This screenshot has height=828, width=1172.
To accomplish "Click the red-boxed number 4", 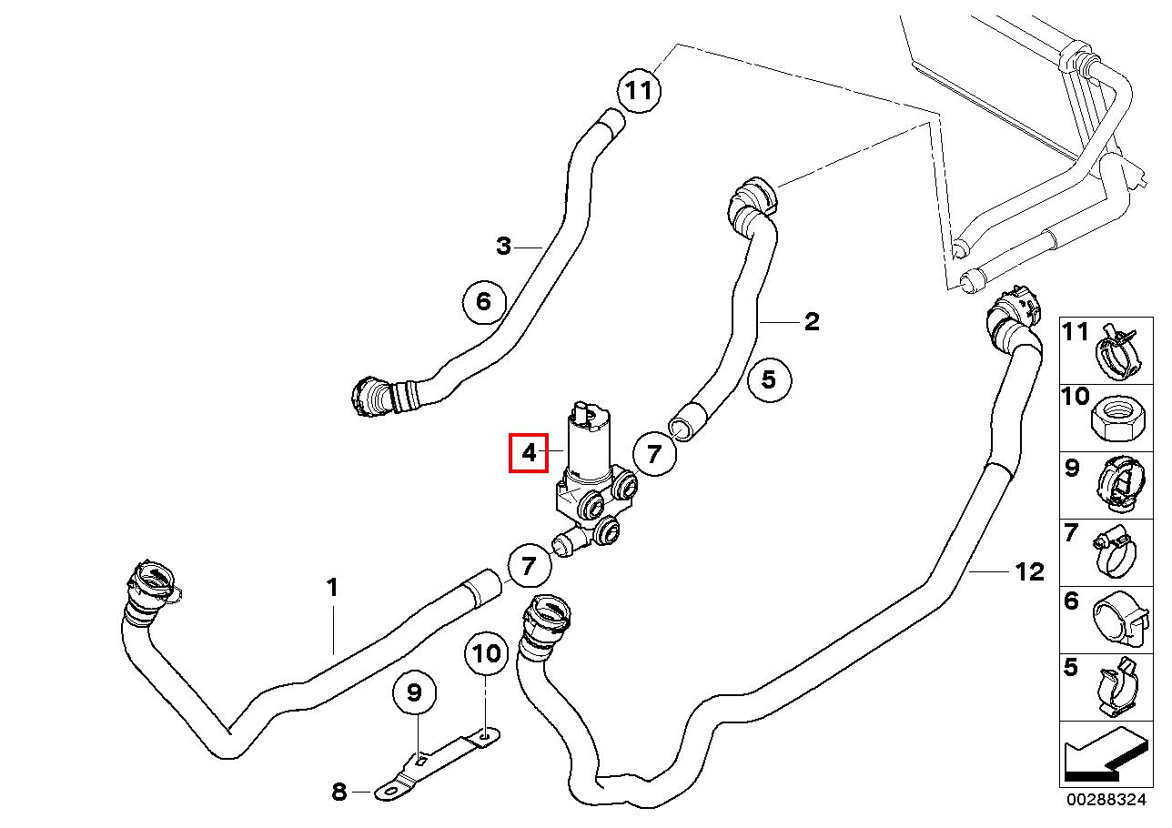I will point(529,452).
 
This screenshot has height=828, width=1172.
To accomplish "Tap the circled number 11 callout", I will point(640,90).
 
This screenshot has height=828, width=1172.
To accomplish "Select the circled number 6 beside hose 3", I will point(483,300).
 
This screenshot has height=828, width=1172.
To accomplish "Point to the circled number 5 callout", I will point(769,379).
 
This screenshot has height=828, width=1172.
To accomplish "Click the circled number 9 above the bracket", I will point(414,694).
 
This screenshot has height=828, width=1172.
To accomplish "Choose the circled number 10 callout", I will point(487,653).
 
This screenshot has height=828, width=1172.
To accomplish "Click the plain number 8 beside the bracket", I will point(339,793).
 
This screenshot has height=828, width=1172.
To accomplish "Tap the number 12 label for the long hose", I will point(1029,572).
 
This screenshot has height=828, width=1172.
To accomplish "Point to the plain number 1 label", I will point(332,588).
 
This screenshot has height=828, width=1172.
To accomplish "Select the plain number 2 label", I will point(812,321).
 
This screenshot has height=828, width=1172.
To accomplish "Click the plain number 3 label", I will point(504,246).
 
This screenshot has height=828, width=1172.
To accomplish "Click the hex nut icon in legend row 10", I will point(1116,418).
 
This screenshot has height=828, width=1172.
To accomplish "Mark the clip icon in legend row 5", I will point(1116,688).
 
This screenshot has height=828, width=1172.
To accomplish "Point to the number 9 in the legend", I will point(1072,469).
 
